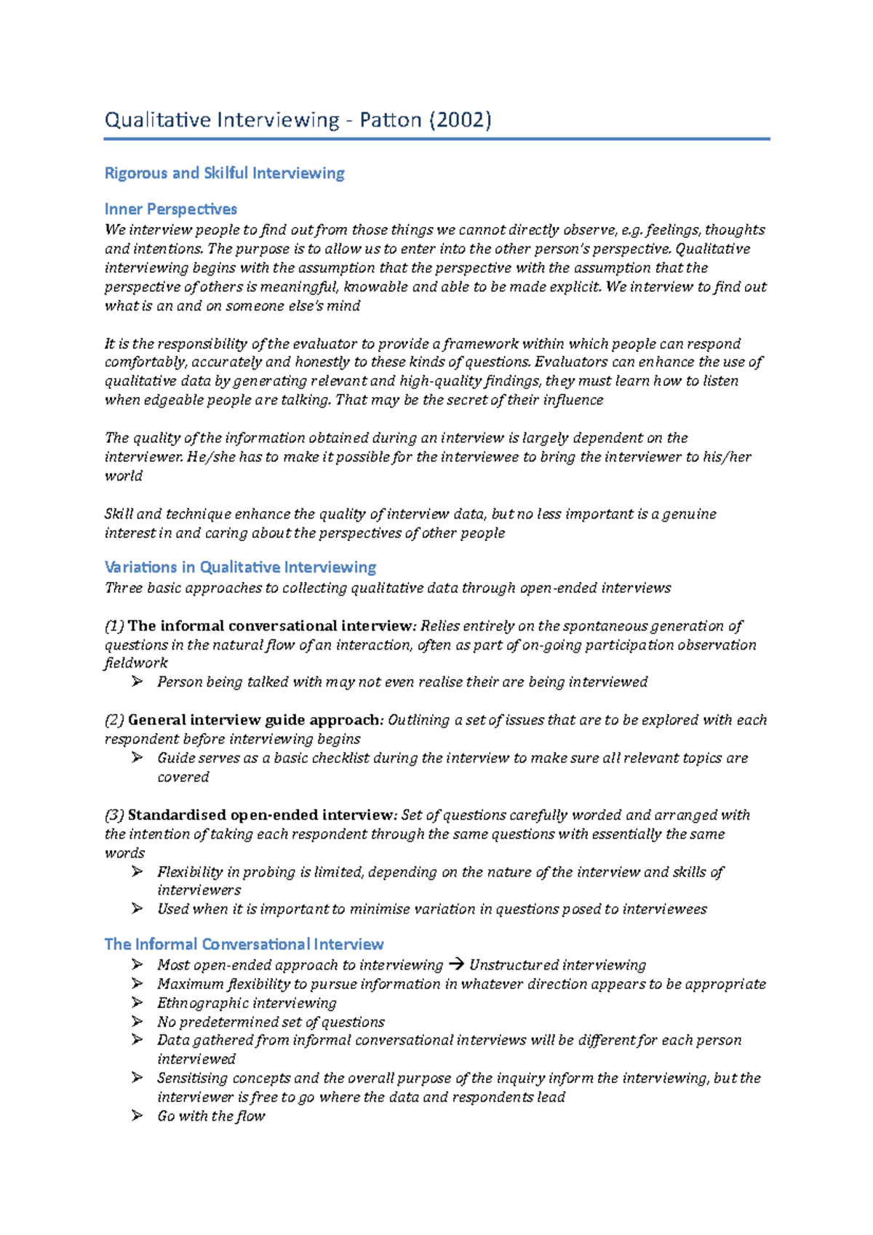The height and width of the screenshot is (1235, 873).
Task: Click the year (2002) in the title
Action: (x=460, y=119)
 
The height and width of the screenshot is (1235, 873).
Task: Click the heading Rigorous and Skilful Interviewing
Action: (x=224, y=173)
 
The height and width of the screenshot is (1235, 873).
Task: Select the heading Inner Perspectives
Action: (x=170, y=209)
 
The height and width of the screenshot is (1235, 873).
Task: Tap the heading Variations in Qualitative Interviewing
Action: (x=240, y=567)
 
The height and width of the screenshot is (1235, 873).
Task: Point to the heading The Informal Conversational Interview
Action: (x=244, y=944)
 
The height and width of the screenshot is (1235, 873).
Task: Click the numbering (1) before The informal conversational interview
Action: (x=114, y=626)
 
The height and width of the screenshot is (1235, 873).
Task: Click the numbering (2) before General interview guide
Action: (x=114, y=720)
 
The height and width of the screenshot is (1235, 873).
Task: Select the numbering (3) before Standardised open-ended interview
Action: (x=114, y=815)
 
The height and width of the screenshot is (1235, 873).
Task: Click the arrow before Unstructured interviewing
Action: (x=456, y=965)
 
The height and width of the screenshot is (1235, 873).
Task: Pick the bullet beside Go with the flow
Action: (x=137, y=1116)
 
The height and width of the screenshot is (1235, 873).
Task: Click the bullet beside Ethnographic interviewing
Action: (x=137, y=1002)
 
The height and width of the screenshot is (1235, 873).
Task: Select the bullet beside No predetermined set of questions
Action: (x=137, y=1021)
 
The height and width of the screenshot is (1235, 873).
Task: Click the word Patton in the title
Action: (x=391, y=119)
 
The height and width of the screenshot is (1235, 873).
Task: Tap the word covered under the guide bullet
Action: (x=183, y=777)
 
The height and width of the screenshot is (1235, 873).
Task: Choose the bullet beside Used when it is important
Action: (x=137, y=908)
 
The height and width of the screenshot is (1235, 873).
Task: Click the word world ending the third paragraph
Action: (x=123, y=476)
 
